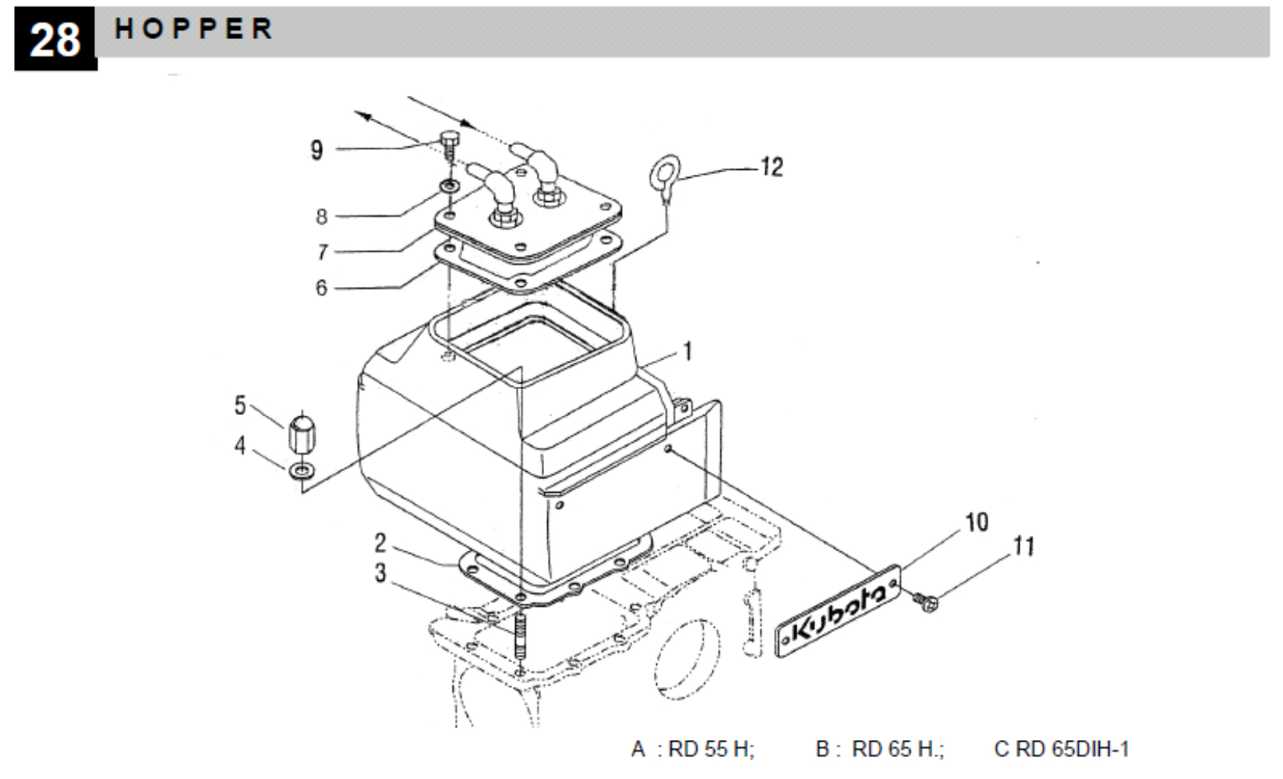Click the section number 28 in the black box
(55, 41)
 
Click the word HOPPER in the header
(193, 29)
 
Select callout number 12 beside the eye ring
(772, 167)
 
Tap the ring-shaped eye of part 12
(665, 172)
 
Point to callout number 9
(316, 150)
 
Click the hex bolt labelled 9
(449, 146)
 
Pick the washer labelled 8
(450, 186)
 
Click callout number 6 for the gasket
(321, 288)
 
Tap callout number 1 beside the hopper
(688, 351)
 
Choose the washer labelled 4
(302, 471)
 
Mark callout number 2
(380, 543)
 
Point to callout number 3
(380, 573)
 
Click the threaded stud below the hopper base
(520, 636)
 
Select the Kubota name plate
(838, 611)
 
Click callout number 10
(977, 522)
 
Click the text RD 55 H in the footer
(709, 749)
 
